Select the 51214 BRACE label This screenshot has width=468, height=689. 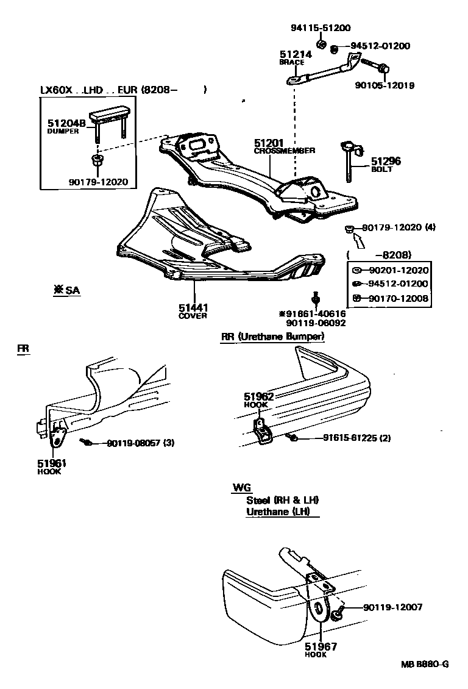[x=296, y=57]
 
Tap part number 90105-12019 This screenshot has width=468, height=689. [x=385, y=85]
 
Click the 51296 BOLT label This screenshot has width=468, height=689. [x=386, y=165]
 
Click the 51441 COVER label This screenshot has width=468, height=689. [x=193, y=311]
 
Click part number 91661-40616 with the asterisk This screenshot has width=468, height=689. [x=312, y=313]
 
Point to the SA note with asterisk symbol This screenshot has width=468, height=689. [x=66, y=290]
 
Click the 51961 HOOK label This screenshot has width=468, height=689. [x=52, y=466]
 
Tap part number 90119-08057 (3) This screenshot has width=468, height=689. [x=140, y=443]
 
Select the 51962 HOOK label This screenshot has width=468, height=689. [x=259, y=399]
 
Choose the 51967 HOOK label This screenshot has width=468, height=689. [x=321, y=649]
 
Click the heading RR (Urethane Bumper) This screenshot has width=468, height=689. [x=272, y=336]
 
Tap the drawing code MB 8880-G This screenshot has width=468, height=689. [x=424, y=664]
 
